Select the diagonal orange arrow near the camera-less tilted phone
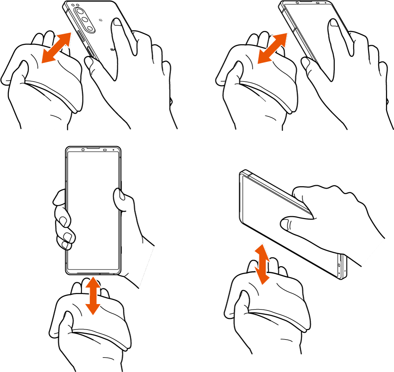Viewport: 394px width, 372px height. [272, 48]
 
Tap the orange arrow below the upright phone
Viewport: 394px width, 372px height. [93, 295]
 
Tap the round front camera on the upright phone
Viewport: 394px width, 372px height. [83, 150]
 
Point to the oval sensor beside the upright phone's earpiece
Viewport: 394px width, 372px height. [105, 150]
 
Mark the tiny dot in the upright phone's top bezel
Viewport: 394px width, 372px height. [114, 150]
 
